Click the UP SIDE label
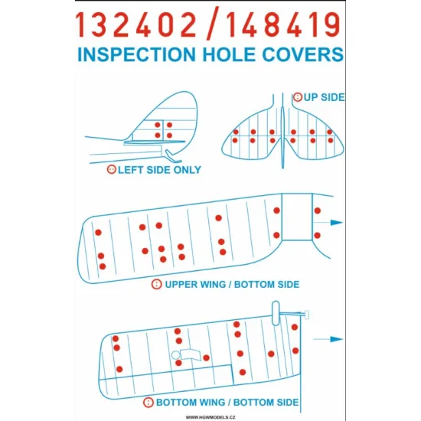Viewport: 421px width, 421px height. pos(324,97)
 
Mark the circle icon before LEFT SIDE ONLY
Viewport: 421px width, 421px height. pos(111,170)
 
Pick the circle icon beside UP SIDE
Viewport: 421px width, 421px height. pos(297,97)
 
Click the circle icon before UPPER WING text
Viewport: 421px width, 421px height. pos(156,284)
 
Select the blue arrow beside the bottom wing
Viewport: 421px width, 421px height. pos(335,338)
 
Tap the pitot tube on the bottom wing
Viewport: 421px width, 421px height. pos(295,312)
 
